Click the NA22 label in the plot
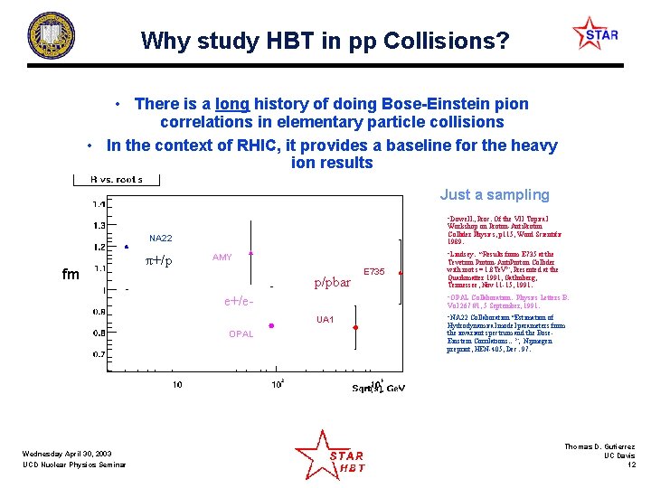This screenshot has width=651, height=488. (x=160, y=238)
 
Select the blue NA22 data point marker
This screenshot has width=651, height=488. (x=126, y=247)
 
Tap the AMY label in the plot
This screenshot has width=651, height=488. (x=222, y=258)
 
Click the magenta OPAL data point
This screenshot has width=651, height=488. (x=271, y=325)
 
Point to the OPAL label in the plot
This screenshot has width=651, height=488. (x=241, y=334)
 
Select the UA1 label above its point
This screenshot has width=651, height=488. (x=325, y=320)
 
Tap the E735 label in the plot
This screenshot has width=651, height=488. (x=373, y=271)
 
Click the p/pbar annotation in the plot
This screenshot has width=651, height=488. (x=332, y=282)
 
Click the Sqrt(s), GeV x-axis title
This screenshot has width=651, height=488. (x=378, y=388)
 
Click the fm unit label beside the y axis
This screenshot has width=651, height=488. (x=71, y=273)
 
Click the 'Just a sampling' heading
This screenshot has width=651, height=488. (x=494, y=194)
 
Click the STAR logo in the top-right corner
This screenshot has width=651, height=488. (x=596, y=34)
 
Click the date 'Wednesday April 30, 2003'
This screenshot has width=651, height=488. (x=68, y=454)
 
